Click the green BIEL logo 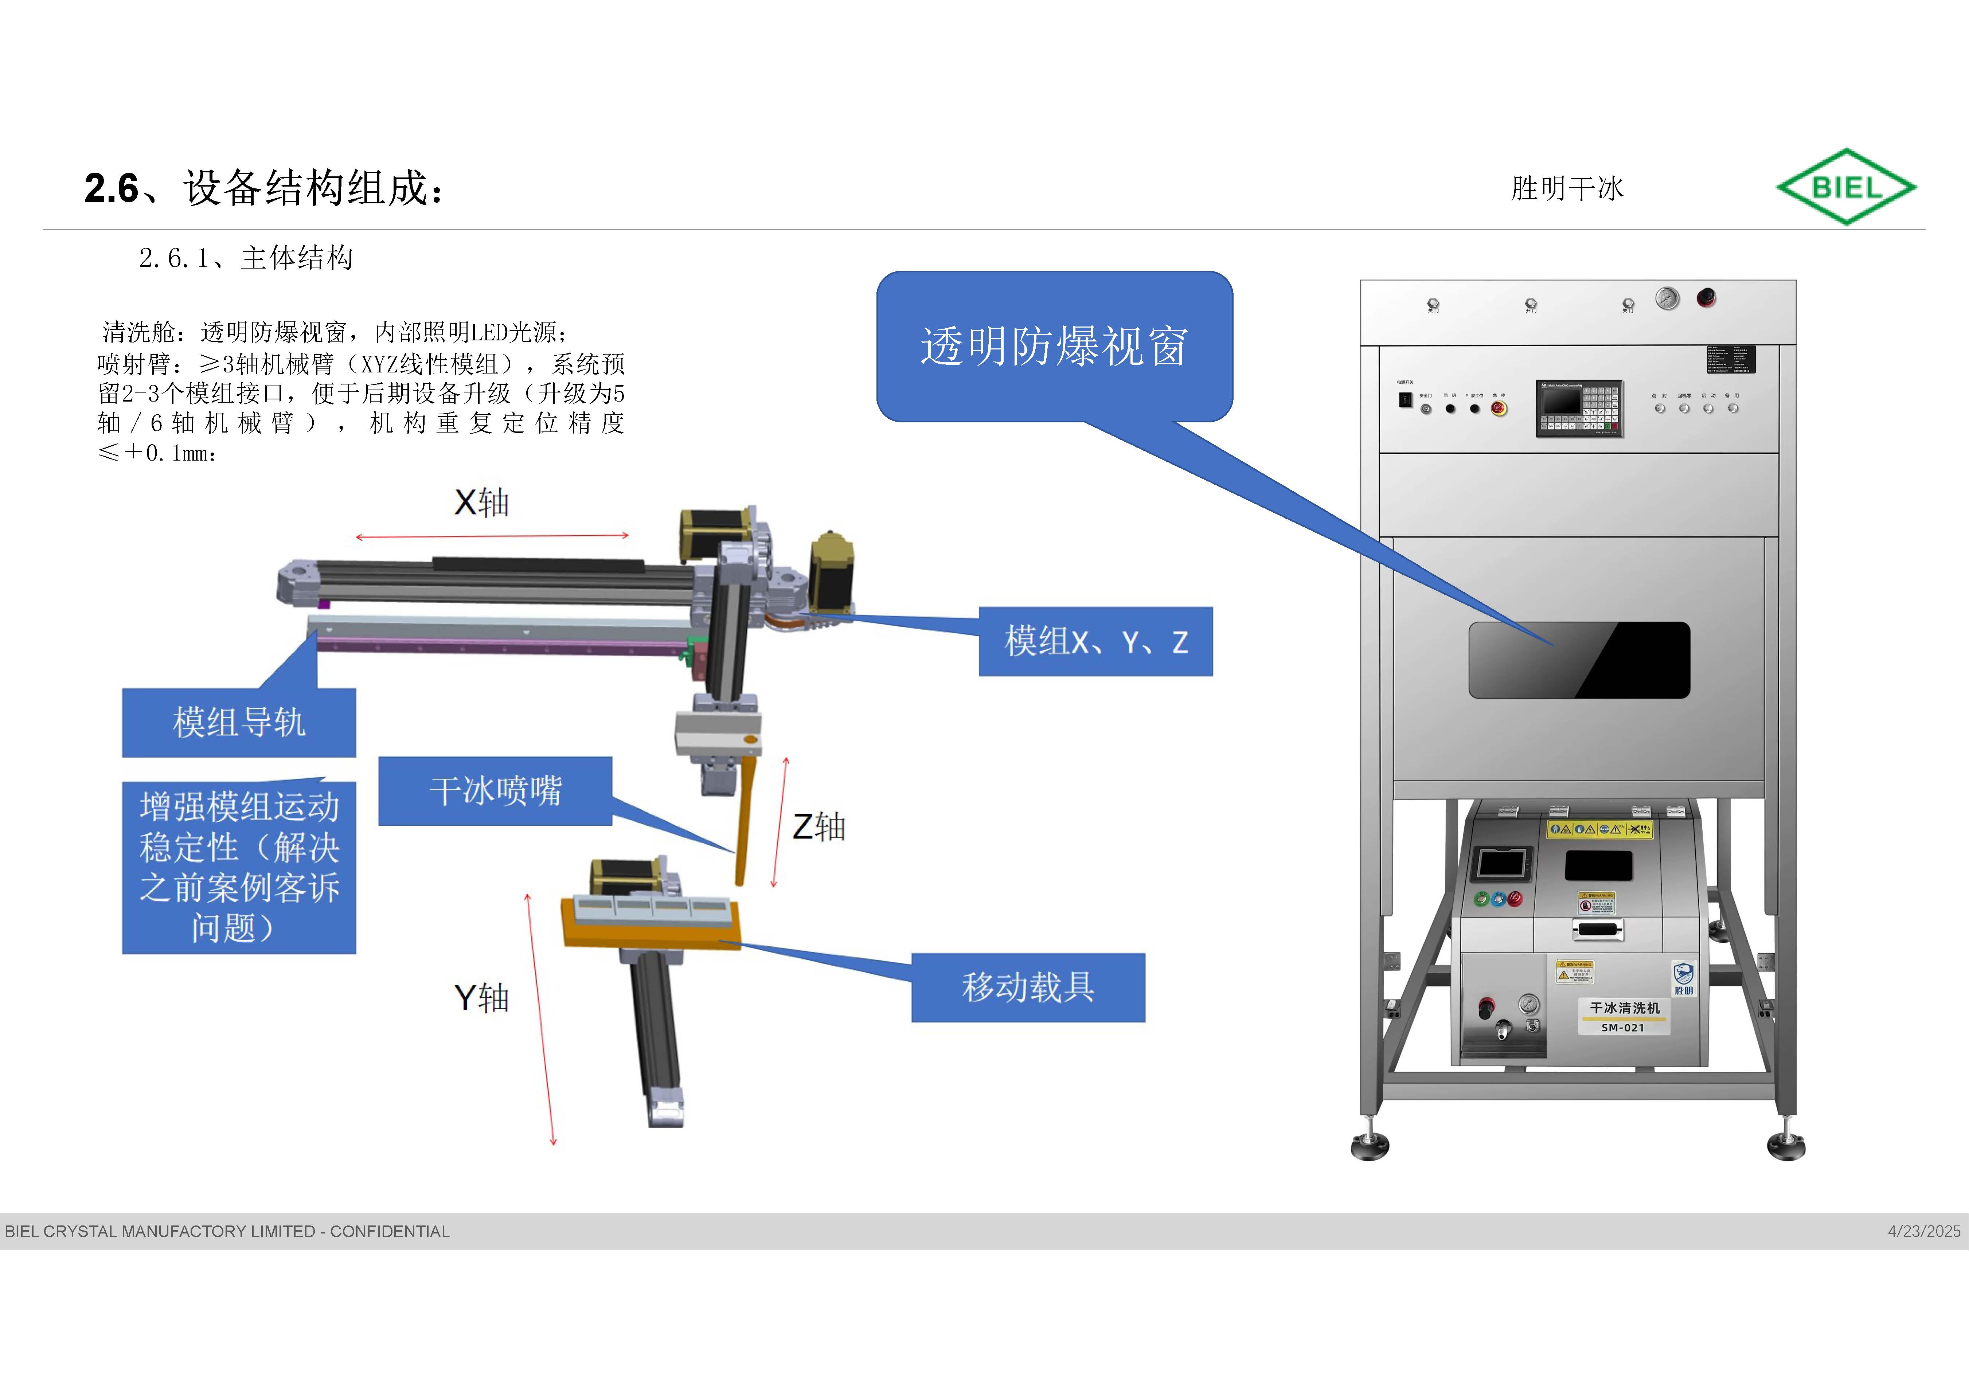click(x=1845, y=187)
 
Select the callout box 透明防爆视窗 click(x=1054, y=347)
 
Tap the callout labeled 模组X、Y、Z click(x=1095, y=642)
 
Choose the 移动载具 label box click(x=1027, y=987)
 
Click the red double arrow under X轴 click(x=492, y=536)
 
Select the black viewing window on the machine click(x=1579, y=660)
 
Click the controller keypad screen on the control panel click(x=1579, y=408)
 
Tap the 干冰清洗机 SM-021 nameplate click(x=1624, y=1016)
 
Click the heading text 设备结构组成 click(x=313, y=188)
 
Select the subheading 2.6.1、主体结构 click(x=246, y=257)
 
